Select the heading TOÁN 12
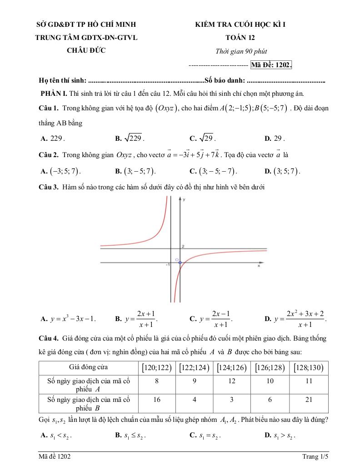240,38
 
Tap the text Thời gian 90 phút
240,51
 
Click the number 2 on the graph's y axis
183,246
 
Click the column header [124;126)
232,367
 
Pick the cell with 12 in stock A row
232,381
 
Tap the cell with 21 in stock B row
309,400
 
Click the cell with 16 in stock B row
157,400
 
